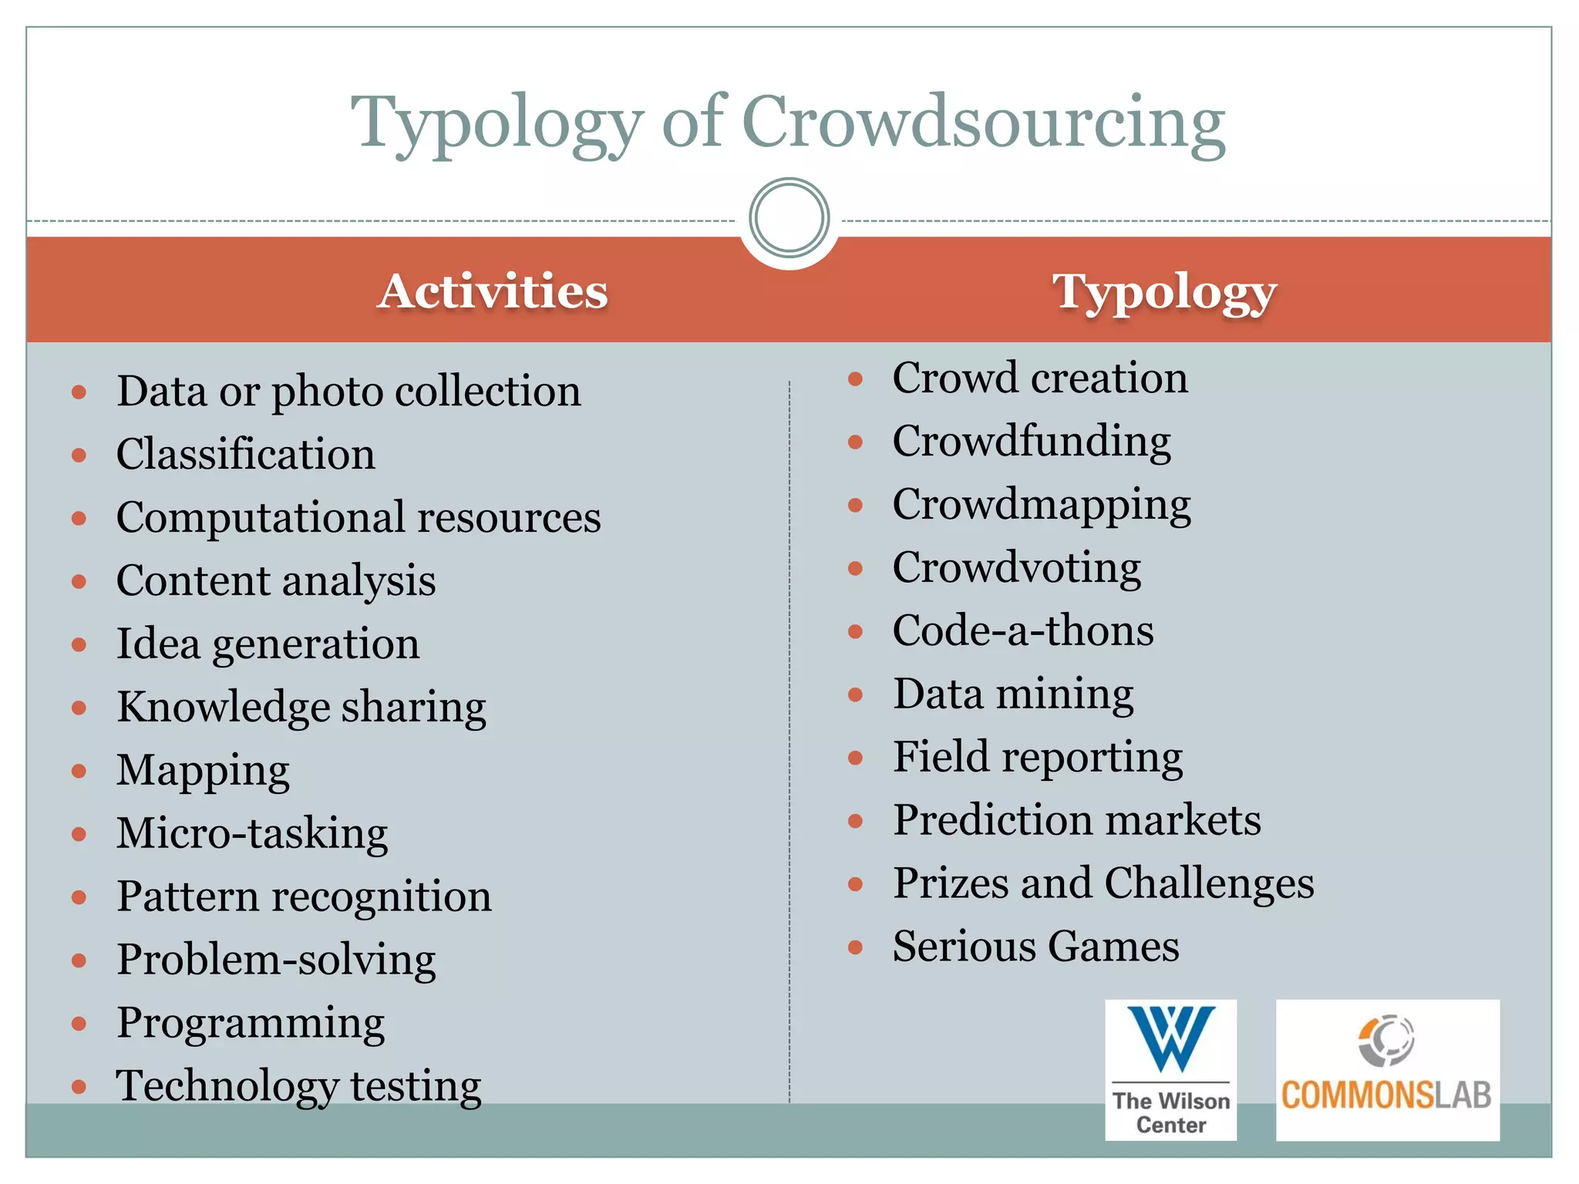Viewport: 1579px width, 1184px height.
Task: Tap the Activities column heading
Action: pyautogui.click(x=493, y=291)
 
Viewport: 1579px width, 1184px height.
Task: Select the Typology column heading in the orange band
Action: pyautogui.click(x=1164, y=293)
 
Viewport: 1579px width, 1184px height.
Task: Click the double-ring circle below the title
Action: pyautogui.click(x=789, y=218)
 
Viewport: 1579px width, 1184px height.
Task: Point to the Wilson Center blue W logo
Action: pyautogui.click(x=1170, y=1038)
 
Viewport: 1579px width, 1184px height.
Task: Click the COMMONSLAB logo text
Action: pyautogui.click(x=1386, y=1095)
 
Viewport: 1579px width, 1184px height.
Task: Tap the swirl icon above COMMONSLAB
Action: pyautogui.click(x=1386, y=1039)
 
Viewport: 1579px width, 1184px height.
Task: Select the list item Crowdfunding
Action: pyautogui.click(x=1031, y=442)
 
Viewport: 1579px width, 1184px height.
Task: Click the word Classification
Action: pyautogui.click(x=245, y=454)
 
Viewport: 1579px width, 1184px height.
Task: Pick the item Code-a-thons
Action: pyautogui.click(x=1022, y=631)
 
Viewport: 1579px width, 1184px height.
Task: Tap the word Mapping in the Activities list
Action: pyautogui.click(x=203, y=770)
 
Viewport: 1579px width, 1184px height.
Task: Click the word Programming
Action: pyautogui.click(x=251, y=1023)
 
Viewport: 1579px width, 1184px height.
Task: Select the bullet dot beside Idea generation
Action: pyautogui.click(x=79, y=644)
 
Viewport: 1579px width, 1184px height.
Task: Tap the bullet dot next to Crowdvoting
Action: pyautogui.click(x=855, y=569)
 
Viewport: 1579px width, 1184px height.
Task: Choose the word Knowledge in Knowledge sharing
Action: pyautogui.click(x=223, y=707)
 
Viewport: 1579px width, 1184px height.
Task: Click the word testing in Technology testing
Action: pyautogui.click(x=416, y=1086)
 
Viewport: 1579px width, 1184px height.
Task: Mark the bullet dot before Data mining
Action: pyautogui.click(x=855, y=695)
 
